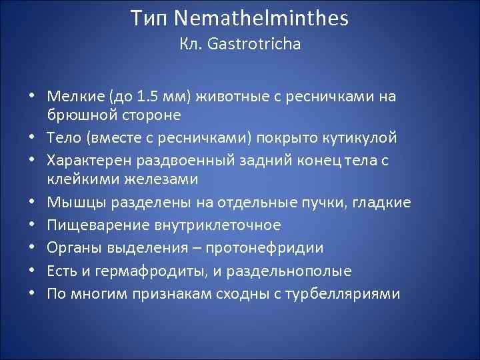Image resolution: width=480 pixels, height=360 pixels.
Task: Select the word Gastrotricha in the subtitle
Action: tap(255, 45)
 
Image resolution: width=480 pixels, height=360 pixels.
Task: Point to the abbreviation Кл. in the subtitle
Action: tap(190, 45)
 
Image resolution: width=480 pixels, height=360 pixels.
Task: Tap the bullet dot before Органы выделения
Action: tap(32, 249)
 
